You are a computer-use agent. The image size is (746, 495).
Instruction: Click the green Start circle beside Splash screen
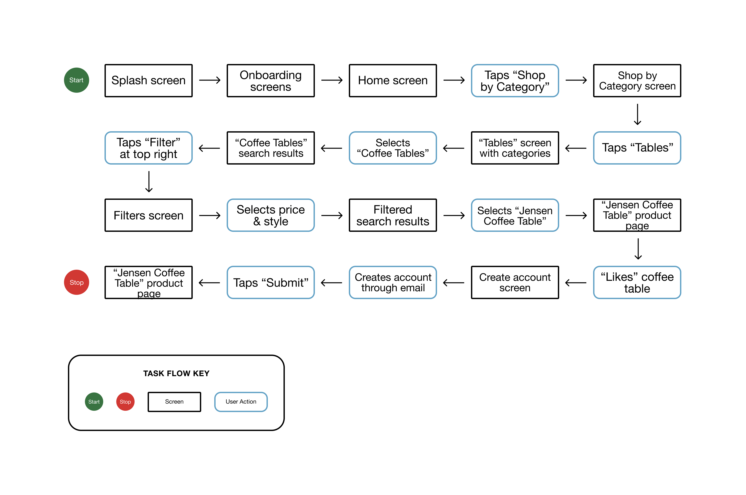76,80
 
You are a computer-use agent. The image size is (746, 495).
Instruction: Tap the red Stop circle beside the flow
76,282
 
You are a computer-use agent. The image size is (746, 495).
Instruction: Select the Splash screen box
148,81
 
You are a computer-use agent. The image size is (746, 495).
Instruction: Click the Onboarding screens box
271,81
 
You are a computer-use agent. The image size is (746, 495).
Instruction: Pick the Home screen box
393,81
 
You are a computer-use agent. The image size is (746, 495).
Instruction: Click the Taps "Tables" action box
637,148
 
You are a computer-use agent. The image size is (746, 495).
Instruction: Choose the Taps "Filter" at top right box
148,148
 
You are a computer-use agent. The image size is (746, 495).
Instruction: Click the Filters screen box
148,215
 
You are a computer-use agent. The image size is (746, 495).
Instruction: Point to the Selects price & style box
271,215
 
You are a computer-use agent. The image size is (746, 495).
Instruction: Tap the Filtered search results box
393,215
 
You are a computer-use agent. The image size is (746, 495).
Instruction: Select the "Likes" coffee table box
637,282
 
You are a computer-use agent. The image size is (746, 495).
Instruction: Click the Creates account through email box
393,282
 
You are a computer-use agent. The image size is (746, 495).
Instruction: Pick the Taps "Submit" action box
271,282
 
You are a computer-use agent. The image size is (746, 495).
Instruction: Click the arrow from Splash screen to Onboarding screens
210,80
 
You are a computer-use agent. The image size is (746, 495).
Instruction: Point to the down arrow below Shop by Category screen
637,114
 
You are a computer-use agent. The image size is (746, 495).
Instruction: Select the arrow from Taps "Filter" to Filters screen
149,182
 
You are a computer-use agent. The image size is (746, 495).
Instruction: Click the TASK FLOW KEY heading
176,374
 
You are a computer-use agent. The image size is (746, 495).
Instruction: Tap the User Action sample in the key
241,402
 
